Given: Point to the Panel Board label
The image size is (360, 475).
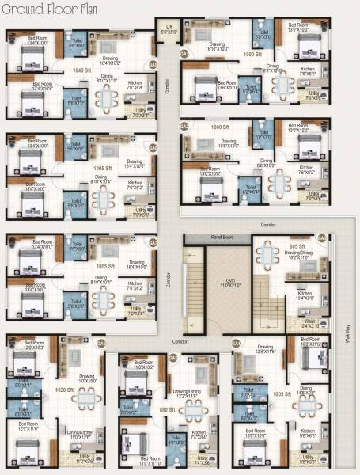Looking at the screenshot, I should tap(210, 236).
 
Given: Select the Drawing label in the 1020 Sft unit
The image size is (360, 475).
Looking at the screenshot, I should tap(85, 377).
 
